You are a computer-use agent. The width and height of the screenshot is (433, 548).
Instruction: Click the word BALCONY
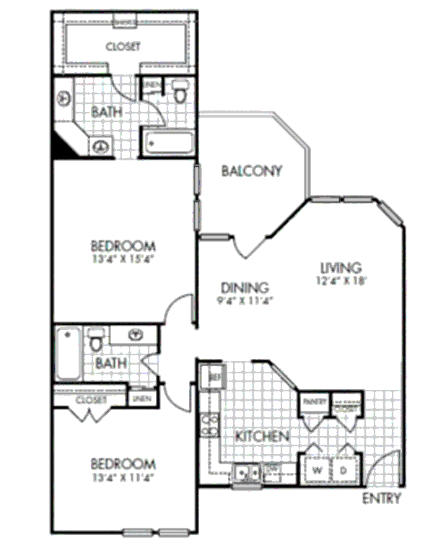(x=251, y=171)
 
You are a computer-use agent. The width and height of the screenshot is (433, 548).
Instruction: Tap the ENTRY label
(x=381, y=499)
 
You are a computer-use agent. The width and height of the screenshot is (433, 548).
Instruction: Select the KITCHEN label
(x=263, y=436)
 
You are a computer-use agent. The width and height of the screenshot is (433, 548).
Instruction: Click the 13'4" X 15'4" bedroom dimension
(x=125, y=258)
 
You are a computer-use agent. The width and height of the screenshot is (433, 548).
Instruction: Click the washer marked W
(x=316, y=470)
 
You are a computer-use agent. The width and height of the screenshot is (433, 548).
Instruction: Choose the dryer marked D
(x=344, y=470)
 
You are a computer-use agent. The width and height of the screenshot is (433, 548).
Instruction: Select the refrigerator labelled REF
(x=214, y=376)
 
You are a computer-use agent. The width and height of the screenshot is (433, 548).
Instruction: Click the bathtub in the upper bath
(x=167, y=142)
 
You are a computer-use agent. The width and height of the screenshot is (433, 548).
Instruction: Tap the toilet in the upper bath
(x=180, y=91)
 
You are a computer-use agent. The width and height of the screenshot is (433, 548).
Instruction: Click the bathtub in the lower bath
(x=69, y=354)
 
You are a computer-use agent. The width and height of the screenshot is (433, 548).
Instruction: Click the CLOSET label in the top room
(x=123, y=47)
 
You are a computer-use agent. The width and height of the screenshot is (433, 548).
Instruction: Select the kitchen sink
(x=247, y=474)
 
